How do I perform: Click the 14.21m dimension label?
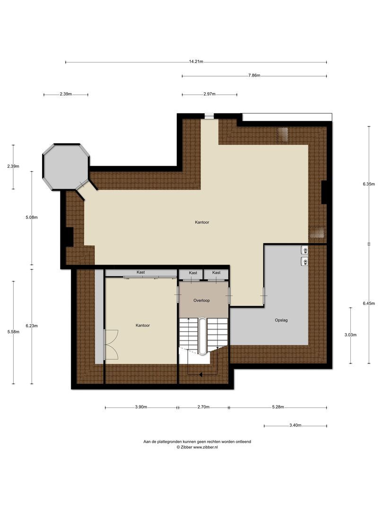196,62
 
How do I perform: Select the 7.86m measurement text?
254,76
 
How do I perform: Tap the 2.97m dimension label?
209,95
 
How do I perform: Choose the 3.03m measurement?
350,335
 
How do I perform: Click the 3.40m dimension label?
295,425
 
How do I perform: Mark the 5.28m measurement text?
278,407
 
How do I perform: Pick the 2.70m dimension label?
203,407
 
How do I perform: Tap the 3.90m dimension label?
141,407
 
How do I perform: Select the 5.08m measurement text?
32,218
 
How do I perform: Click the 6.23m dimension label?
32,326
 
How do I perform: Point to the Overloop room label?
201,300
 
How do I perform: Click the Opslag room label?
281,320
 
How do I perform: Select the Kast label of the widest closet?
140,273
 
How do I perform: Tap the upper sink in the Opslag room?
305,250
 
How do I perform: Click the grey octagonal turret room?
66,166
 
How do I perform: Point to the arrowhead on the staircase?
201,375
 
